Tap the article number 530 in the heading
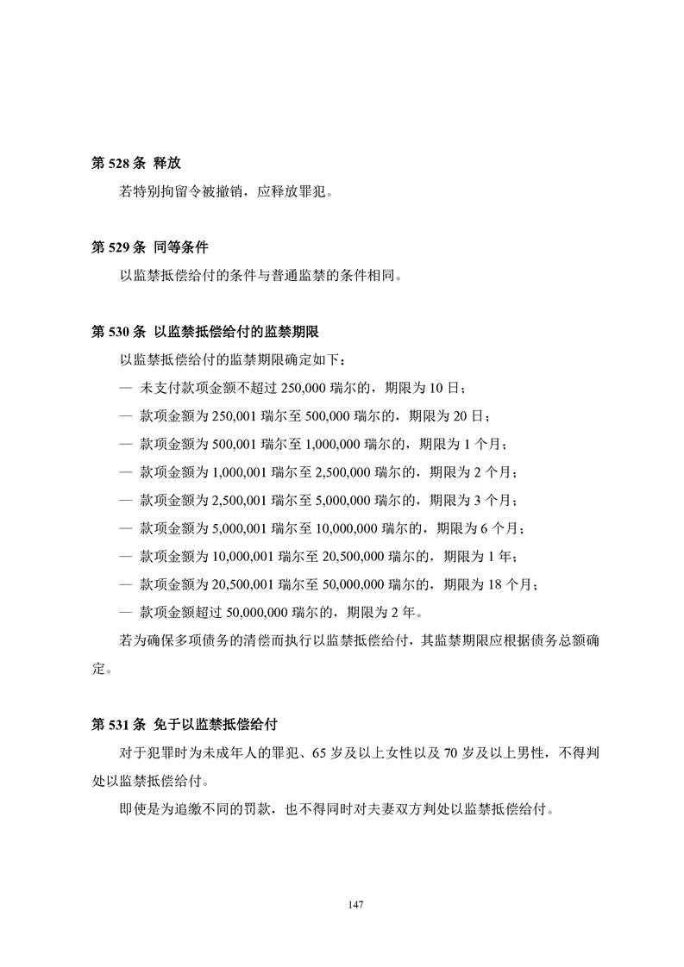(x=116, y=330)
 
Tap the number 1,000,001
(x=243, y=472)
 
